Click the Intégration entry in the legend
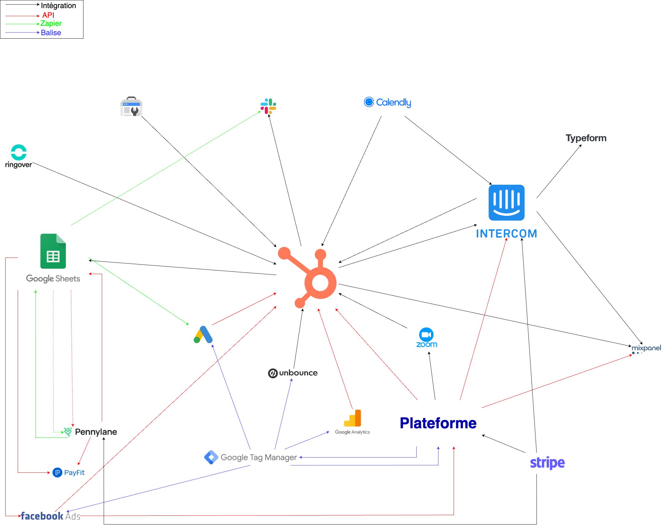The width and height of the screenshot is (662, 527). click(x=58, y=6)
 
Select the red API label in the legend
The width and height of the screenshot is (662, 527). click(x=48, y=15)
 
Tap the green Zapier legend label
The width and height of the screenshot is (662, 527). click(x=51, y=24)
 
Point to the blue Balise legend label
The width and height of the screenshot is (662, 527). click(x=51, y=33)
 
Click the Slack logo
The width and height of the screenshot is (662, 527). click(x=268, y=106)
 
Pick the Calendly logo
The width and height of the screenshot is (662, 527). click(x=388, y=102)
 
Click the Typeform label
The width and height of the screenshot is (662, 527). click(x=586, y=138)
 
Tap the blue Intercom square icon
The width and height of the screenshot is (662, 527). click(x=507, y=203)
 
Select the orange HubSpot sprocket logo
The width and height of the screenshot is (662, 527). click(x=308, y=277)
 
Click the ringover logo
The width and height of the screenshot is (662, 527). click(x=19, y=156)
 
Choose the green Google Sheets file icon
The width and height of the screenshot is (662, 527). click(x=53, y=251)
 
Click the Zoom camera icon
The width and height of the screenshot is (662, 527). click(x=426, y=335)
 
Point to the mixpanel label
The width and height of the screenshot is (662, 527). click(x=646, y=348)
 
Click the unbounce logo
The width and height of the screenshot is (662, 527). click(x=293, y=373)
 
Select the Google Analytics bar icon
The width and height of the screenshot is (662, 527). click(x=353, y=418)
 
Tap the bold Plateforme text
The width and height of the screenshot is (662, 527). click(x=438, y=423)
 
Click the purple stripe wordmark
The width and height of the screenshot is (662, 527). click(x=547, y=463)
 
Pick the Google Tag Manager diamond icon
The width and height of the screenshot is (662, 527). click(x=211, y=457)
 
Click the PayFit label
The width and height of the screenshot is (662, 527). click(x=74, y=472)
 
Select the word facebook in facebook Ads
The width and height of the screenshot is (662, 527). click(x=42, y=516)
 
